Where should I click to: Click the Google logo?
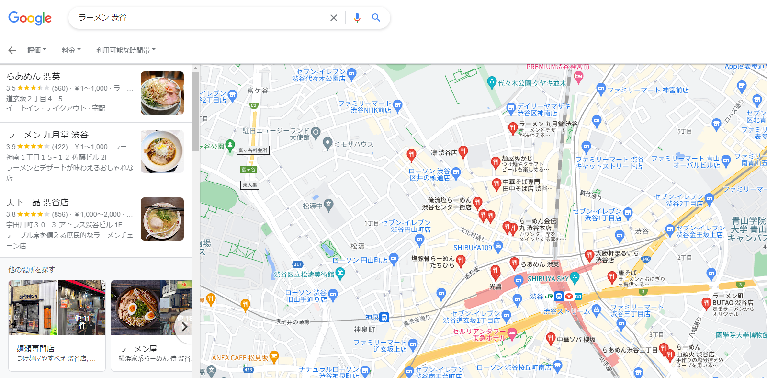point(30,18)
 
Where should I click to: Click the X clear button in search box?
point(334,18)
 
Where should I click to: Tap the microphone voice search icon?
point(357,18)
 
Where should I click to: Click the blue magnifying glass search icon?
point(376,18)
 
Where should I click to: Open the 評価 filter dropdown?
point(37,50)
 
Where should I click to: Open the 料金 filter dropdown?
point(71,50)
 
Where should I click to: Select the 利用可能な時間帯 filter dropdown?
point(125,50)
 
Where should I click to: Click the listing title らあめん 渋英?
point(34,76)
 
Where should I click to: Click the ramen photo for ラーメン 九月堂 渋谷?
point(162,151)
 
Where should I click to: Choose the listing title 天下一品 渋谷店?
point(37,202)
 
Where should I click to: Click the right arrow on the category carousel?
point(184,327)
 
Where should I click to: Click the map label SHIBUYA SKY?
point(548,278)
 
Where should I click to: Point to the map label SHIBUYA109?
point(473,248)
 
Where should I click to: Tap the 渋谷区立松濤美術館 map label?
point(304,275)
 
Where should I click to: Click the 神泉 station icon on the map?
point(384,317)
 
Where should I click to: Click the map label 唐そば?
point(627,273)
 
